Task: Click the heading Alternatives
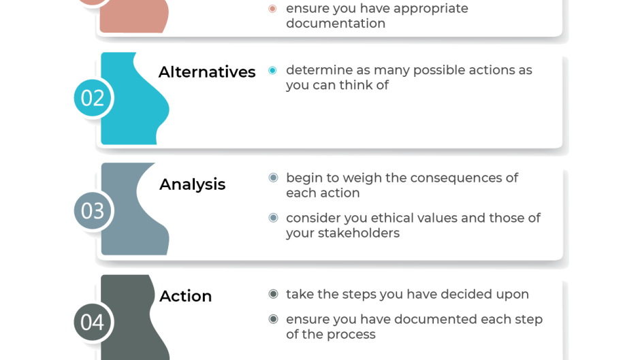coord(207,72)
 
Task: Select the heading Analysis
coord(192,184)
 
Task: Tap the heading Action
coord(185,296)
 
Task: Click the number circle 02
coord(93,98)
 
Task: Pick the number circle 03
coord(93,210)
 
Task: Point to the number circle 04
coord(93,322)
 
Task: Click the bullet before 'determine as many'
coord(272,70)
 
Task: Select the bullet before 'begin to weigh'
coord(273,178)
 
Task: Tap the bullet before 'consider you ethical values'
coord(273,218)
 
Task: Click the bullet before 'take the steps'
coord(273,294)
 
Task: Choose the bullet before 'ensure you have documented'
coord(273,318)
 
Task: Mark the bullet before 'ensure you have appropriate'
coord(272,9)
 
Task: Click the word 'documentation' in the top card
coord(335,24)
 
